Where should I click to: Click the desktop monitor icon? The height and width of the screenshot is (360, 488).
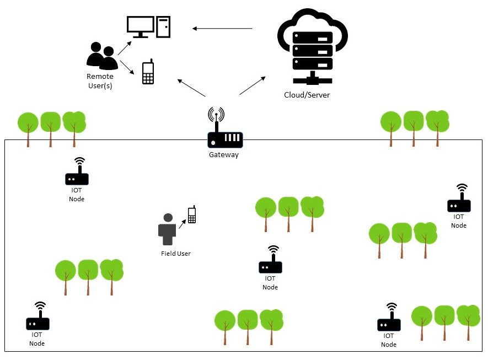click(140, 26)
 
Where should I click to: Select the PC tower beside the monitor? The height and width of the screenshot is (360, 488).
click(164, 26)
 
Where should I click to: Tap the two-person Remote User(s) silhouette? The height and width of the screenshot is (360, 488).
click(101, 56)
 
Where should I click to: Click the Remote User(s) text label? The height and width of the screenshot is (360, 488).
click(100, 81)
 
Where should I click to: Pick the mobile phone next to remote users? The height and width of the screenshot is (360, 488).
click(148, 72)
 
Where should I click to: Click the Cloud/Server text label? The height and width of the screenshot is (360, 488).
click(307, 95)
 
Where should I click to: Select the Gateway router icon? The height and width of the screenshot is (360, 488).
click(225, 138)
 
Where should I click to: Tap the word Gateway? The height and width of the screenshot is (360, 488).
click(224, 155)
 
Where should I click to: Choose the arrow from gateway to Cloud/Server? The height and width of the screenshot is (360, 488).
click(252, 85)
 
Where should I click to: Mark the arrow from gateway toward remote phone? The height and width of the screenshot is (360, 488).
click(191, 88)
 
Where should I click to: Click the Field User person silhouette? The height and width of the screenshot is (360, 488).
click(168, 229)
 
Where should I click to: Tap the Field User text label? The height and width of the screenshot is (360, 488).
click(175, 254)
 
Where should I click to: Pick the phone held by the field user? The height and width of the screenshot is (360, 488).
click(191, 214)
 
